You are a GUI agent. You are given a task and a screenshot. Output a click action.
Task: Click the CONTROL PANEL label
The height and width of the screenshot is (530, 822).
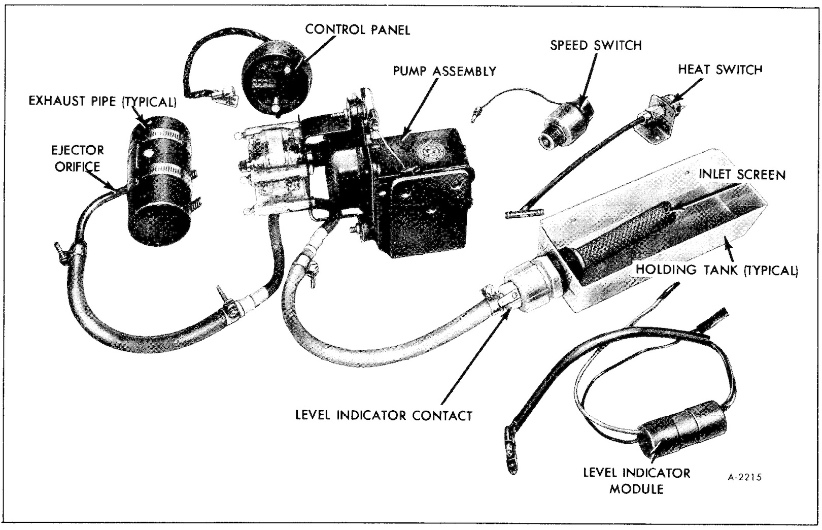point(357,29)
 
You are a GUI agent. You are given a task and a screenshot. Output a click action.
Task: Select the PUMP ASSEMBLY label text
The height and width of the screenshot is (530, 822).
point(444,71)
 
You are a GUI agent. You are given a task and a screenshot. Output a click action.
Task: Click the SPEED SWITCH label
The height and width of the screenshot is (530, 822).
point(596,45)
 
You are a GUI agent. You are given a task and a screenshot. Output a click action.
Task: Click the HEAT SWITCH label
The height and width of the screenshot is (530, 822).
point(720,69)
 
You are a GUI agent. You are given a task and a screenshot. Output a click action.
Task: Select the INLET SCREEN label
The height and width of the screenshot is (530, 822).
point(742,175)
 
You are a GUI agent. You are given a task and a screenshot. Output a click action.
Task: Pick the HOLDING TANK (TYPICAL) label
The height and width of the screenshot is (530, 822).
point(717,270)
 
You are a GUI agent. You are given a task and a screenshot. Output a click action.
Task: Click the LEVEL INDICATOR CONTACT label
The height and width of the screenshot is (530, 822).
point(384,415)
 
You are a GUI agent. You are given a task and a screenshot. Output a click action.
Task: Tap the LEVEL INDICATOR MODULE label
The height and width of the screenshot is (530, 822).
point(636,480)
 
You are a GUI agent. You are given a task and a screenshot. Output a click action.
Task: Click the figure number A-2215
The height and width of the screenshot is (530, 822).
point(744,477)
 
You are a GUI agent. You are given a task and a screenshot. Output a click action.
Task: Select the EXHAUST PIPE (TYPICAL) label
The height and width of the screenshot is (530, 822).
point(102,101)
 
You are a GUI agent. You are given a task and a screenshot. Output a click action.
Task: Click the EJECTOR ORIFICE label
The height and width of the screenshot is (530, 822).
point(78,158)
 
